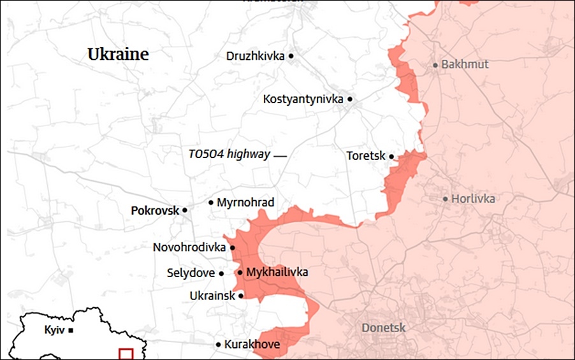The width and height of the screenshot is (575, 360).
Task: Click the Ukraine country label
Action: click(x=118, y=54)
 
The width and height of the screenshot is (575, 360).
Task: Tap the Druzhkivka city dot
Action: click(x=291, y=56)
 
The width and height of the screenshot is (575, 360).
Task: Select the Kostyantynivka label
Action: click(x=303, y=99)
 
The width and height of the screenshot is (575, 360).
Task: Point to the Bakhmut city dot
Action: click(x=435, y=65)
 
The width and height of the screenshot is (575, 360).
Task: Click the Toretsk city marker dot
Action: click(x=391, y=156)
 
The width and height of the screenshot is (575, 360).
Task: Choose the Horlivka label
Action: click(x=473, y=199)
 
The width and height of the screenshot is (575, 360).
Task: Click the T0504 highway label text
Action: click(x=229, y=154)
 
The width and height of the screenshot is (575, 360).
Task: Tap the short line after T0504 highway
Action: click(x=280, y=155)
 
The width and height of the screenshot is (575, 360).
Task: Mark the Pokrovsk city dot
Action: click(x=185, y=210)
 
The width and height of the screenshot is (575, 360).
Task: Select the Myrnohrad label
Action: click(x=245, y=203)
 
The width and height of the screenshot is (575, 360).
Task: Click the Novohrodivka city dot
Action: click(x=233, y=248)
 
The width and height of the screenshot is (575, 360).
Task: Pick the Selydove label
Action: click(x=191, y=273)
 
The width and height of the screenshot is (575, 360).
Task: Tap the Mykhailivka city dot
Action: click(x=240, y=273)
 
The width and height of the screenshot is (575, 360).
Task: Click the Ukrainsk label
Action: click(x=212, y=296)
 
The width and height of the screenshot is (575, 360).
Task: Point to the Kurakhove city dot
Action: click(x=218, y=345)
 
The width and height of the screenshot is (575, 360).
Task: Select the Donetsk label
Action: click(x=383, y=328)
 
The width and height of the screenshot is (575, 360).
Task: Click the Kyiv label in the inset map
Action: click(x=54, y=330)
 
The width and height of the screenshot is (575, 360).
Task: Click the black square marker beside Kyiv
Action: click(x=71, y=330)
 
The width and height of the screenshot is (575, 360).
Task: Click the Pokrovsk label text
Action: click(x=155, y=210)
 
